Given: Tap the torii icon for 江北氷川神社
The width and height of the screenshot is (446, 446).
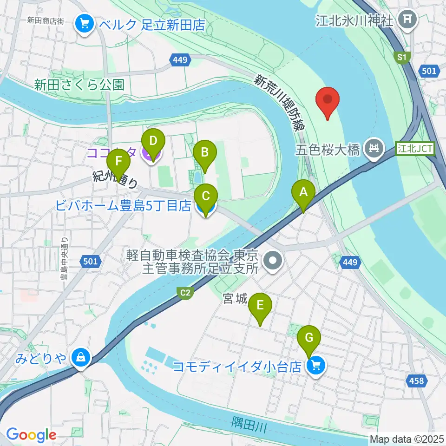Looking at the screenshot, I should [408, 19].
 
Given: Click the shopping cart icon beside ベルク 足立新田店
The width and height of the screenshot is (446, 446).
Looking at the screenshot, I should [85, 24].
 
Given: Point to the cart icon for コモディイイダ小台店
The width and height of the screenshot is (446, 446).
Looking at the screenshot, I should [316, 367].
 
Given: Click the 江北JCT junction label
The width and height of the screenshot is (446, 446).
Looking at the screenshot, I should [415, 149].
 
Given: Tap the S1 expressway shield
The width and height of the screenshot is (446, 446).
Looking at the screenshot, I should [401, 57].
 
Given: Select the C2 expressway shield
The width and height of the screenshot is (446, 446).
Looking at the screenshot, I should [185, 292].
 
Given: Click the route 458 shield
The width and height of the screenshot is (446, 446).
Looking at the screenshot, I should [417, 381].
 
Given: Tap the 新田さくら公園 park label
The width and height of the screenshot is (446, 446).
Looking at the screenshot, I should [79, 85].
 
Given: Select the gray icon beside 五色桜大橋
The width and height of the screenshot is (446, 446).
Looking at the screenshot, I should [373, 148].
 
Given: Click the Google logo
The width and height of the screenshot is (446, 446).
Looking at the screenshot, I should [31, 434].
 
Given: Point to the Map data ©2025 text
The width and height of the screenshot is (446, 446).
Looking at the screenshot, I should [406, 439].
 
